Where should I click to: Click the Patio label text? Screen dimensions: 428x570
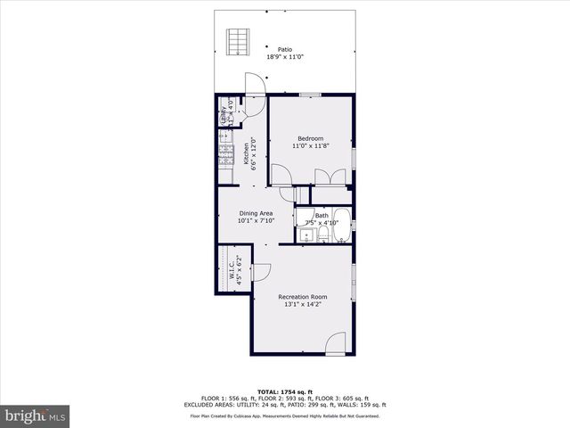coord(285,49)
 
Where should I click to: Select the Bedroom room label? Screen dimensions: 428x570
coord(310,138)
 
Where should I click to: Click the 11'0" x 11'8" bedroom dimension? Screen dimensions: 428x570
coord(310,147)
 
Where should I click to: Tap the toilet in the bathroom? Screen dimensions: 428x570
coord(323,235)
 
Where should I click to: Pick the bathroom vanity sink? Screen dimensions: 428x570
coord(305,235)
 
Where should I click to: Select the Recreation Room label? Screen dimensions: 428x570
coord(302,297)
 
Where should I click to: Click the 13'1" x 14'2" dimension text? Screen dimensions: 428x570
coord(302,305)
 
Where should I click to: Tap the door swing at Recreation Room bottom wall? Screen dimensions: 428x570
coord(336,343)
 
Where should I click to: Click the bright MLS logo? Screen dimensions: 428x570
coord(36,416)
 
